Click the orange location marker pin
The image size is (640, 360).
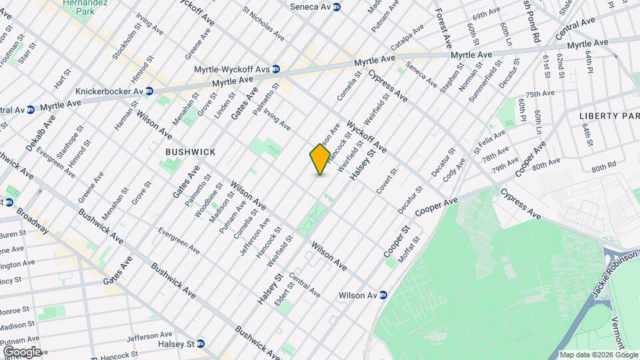[320, 159]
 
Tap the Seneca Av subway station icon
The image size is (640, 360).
[337, 7]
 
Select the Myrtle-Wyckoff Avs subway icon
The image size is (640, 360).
[275, 69]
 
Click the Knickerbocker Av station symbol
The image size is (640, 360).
[149, 91]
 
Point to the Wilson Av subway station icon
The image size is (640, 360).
[383, 295]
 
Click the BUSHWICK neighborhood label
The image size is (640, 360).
[191, 152]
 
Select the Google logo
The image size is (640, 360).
[21, 351]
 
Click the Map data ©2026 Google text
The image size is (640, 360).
[597, 355]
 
